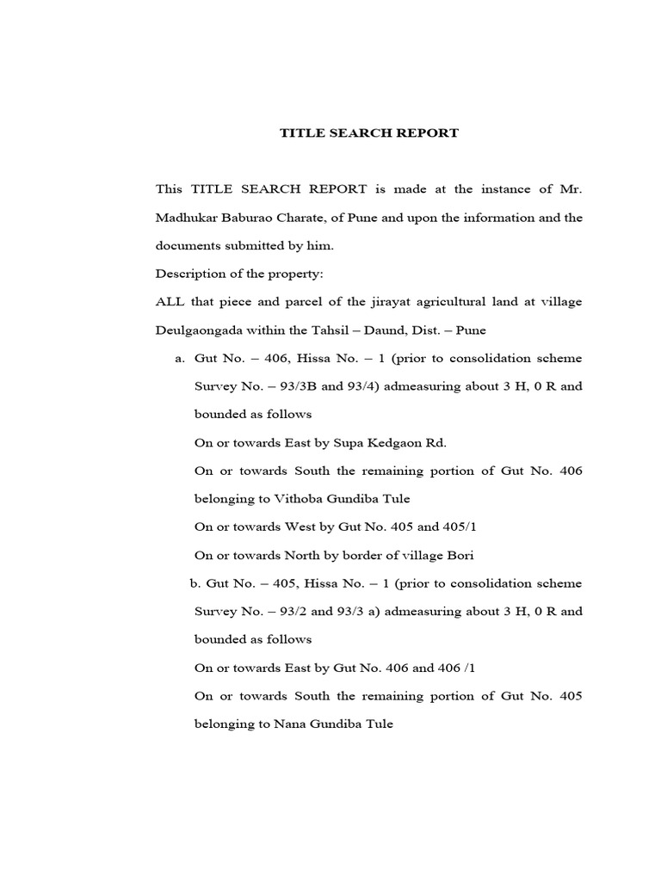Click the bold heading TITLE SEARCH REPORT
click(369, 133)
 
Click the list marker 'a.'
click(179, 358)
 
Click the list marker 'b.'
click(195, 583)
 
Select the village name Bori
click(459, 555)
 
